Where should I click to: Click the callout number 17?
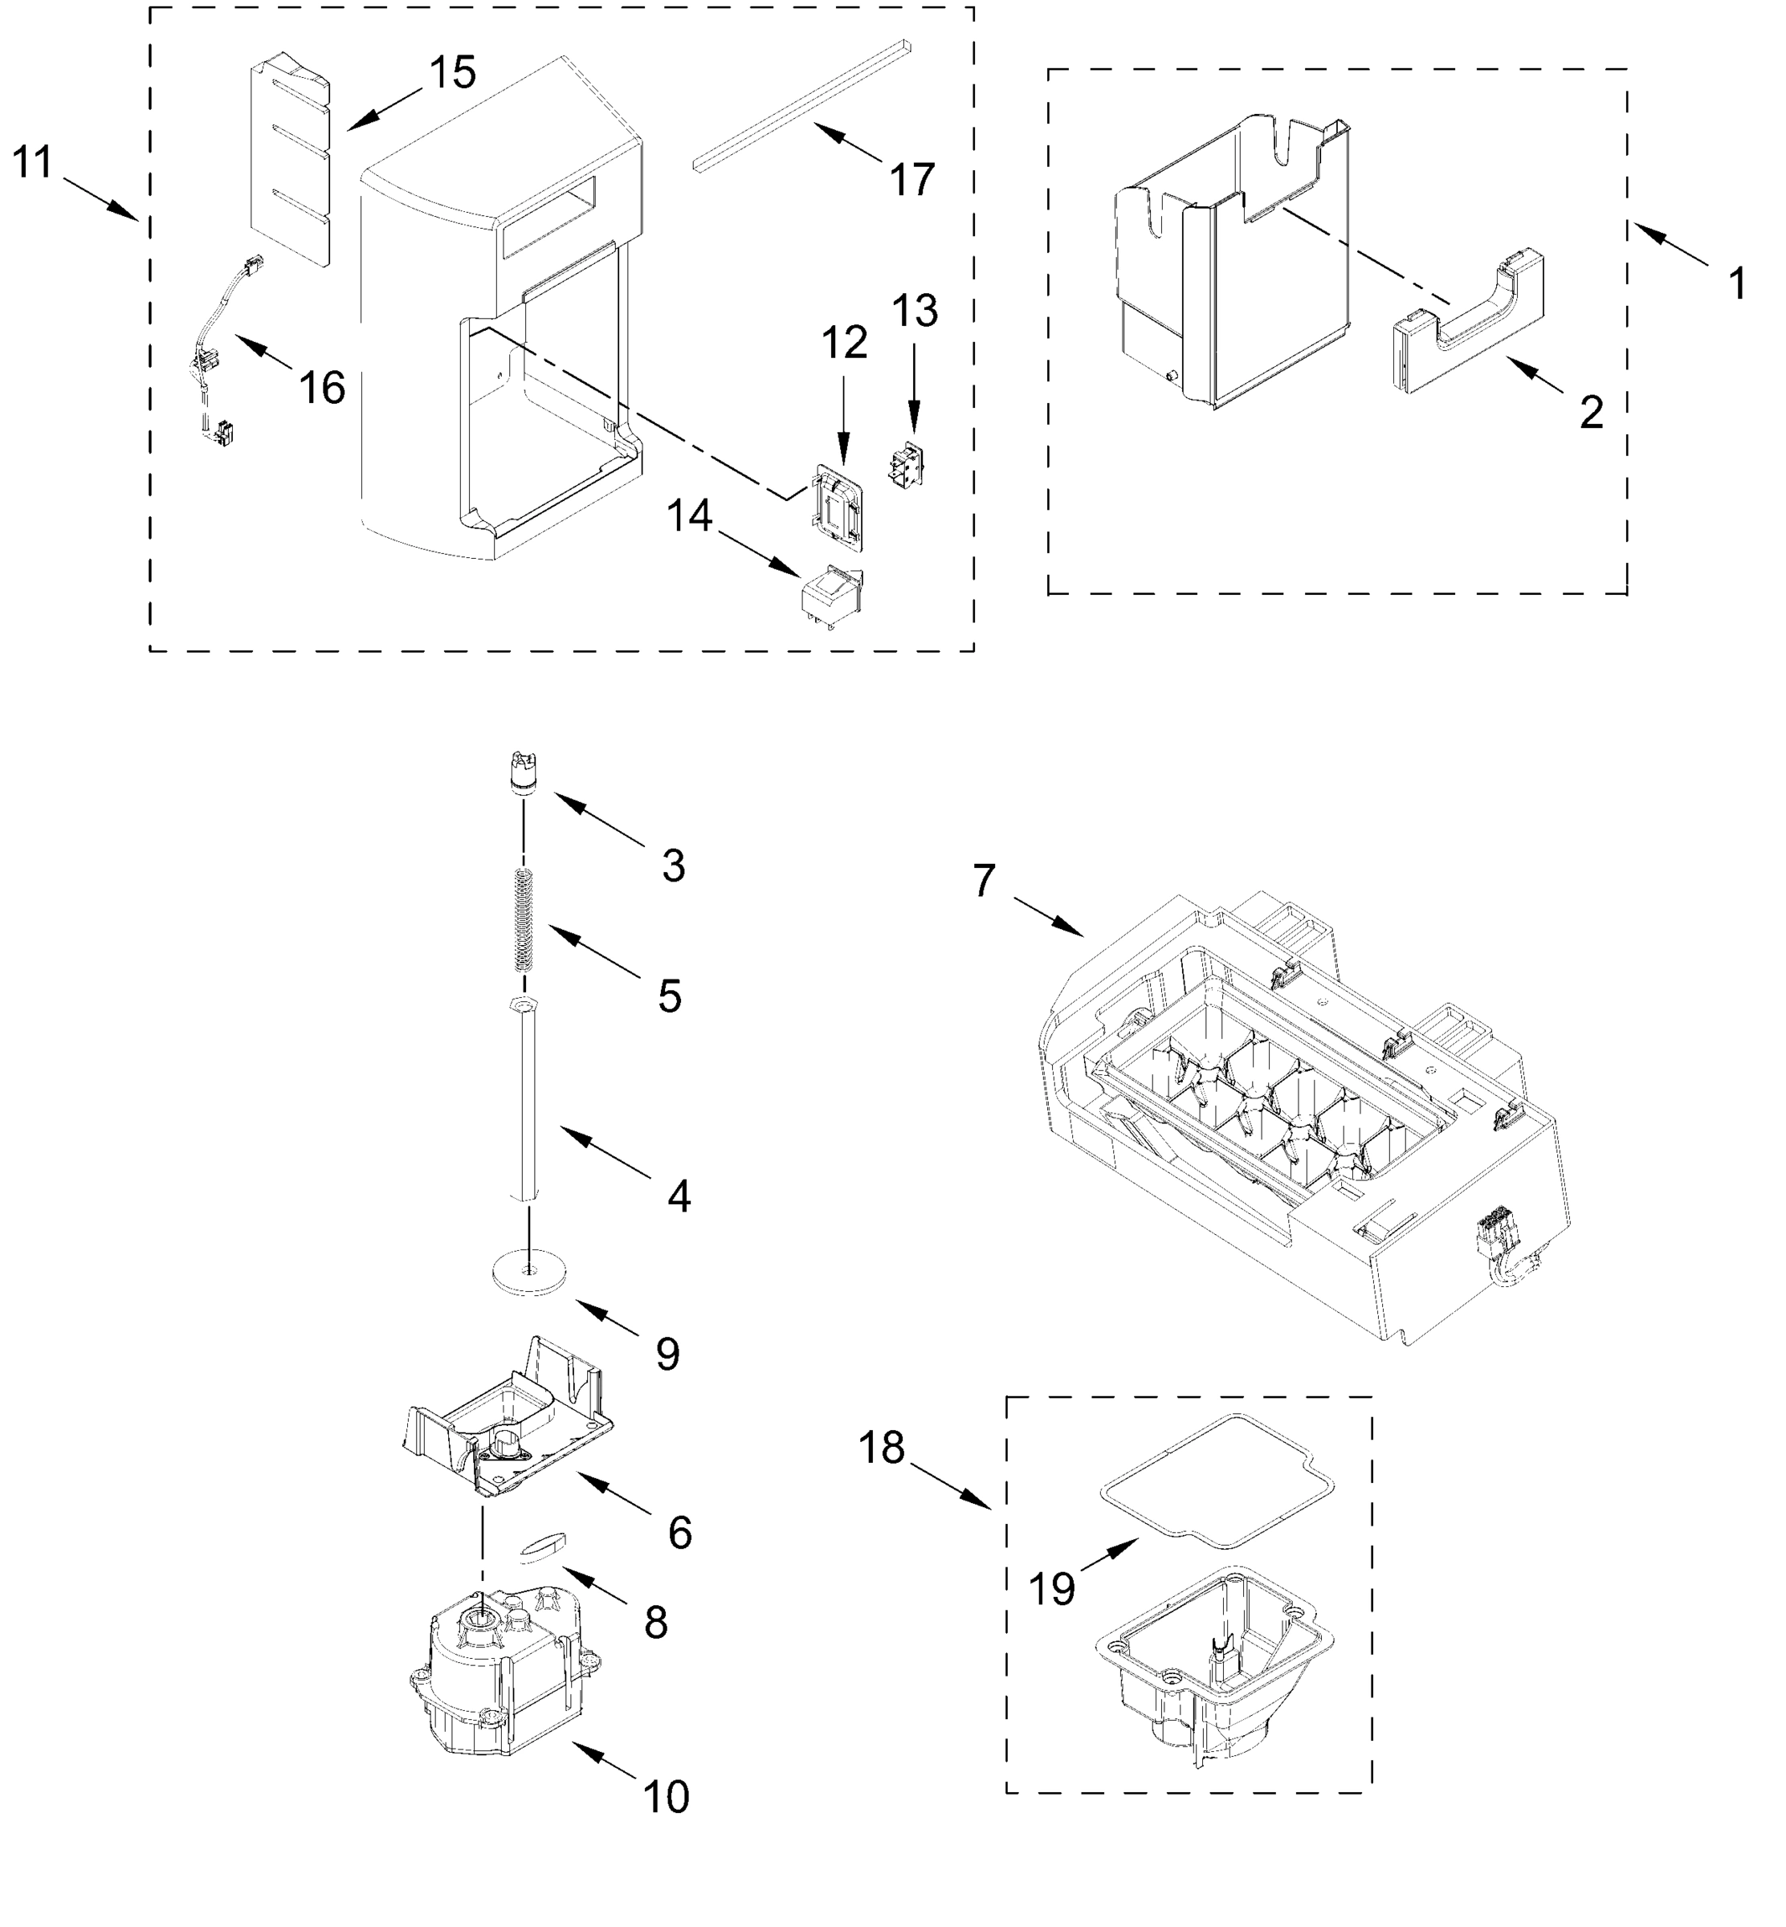911,180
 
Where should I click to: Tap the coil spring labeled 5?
523,918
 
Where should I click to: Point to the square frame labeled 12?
837,507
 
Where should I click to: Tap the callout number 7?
984,880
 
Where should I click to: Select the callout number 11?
32,162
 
